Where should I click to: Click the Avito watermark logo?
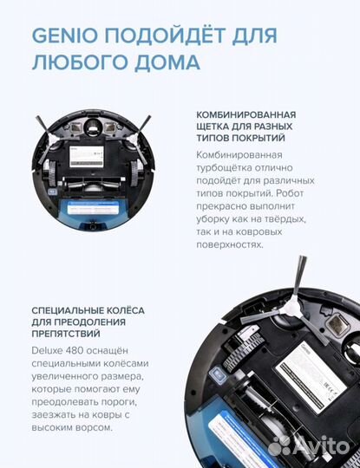(x=304, y=445)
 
